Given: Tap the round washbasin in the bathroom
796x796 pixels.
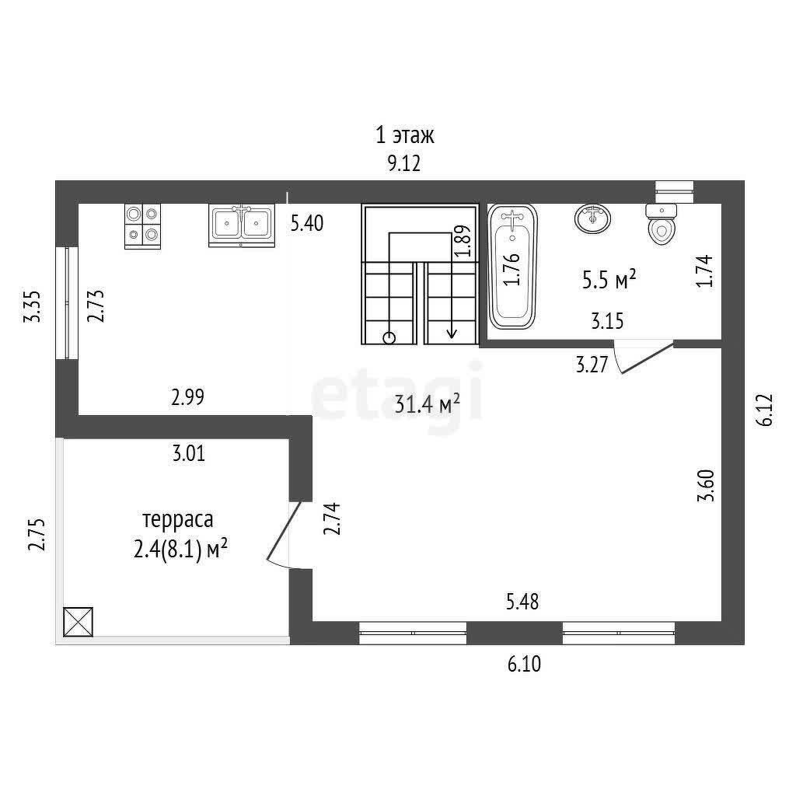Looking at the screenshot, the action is (592, 218).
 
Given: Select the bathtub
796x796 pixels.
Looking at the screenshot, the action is (512, 266).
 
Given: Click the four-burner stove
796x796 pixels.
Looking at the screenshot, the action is (143, 226).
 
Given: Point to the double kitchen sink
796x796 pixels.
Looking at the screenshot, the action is (242, 225).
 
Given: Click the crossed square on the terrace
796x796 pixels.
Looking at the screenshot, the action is (79, 622).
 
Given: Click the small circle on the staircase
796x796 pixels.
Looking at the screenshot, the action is (389, 338).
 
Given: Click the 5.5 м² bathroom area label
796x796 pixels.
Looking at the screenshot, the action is (609, 279).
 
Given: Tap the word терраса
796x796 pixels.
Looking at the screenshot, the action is (178, 520).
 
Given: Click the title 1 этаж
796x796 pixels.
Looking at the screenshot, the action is (404, 135).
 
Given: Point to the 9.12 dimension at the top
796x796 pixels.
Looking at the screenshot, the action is (404, 163).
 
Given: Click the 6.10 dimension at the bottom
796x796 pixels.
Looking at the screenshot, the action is (525, 664).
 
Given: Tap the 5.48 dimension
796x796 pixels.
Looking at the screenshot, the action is (522, 602).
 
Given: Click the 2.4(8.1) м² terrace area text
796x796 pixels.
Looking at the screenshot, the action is (180, 550).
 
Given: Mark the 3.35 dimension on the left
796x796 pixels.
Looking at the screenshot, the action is (33, 306).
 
